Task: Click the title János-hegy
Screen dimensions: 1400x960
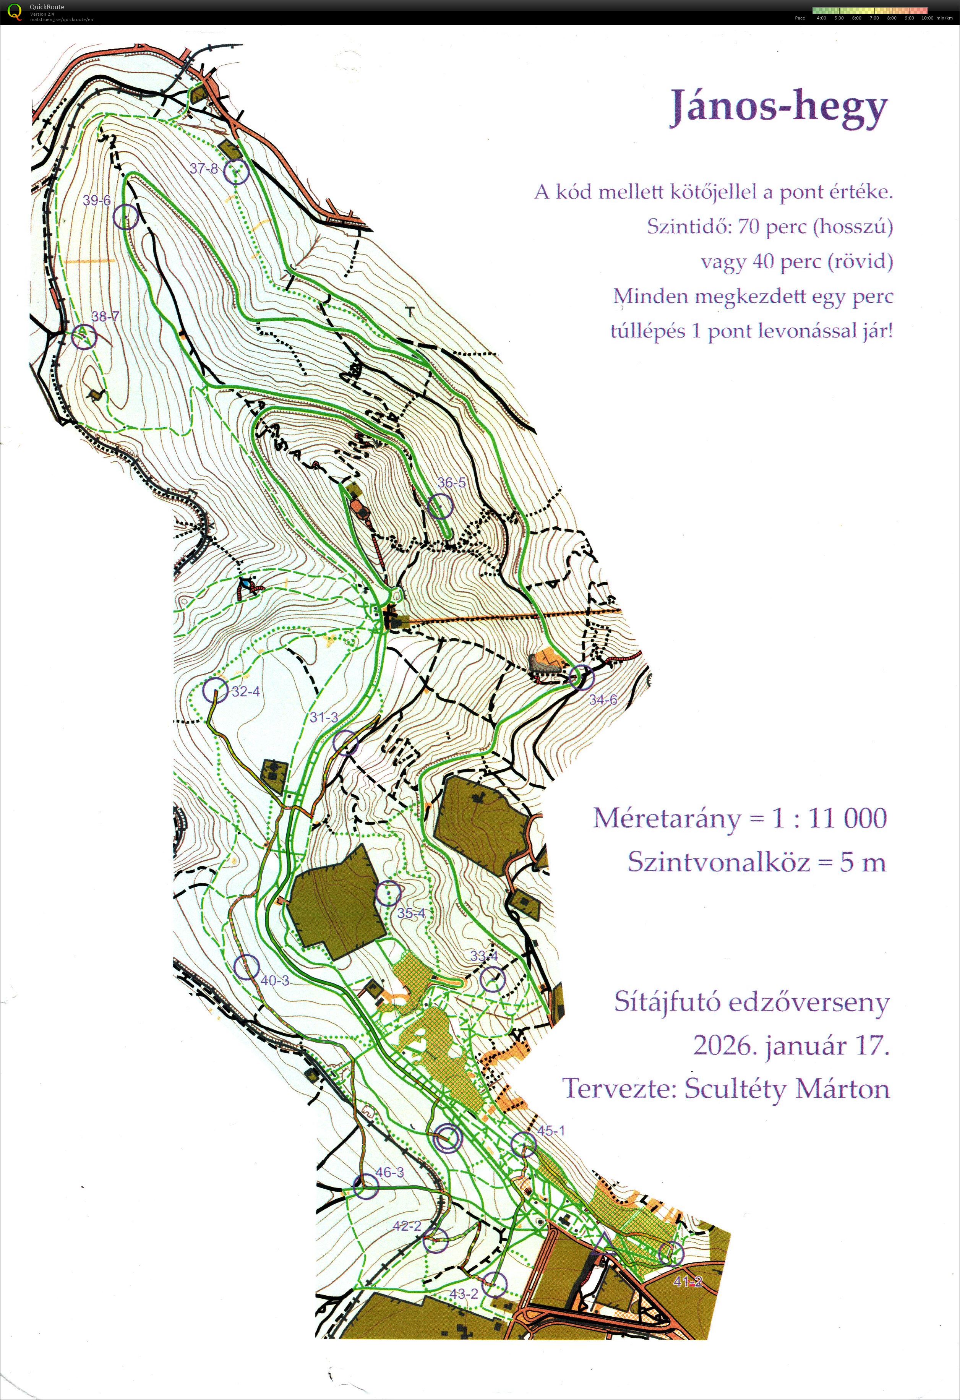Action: click(x=779, y=107)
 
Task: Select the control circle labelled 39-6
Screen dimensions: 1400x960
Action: click(x=126, y=217)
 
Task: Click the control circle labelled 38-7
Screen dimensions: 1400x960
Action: click(x=84, y=337)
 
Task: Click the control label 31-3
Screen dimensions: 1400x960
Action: click(x=324, y=717)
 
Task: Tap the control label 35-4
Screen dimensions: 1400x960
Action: click(x=411, y=913)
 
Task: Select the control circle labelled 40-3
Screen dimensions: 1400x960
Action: click(x=246, y=967)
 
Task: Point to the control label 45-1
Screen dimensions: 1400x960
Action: click(x=550, y=1131)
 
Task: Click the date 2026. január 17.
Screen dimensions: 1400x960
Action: click(x=791, y=1045)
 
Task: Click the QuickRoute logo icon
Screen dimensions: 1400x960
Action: click(x=12, y=12)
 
